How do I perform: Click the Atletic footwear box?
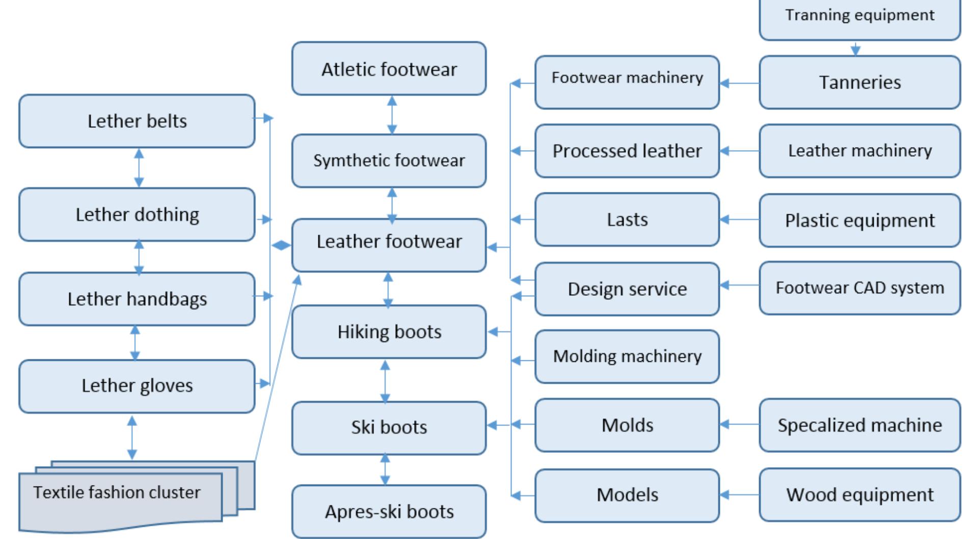pyautogui.click(x=389, y=69)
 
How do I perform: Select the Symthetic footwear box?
pyautogui.click(x=389, y=160)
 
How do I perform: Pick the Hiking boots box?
pyautogui.click(x=389, y=331)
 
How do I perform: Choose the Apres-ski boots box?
pyautogui.click(x=389, y=511)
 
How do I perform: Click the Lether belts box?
pyautogui.click(x=137, y=121)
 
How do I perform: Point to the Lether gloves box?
pyautogui.click(x=137, y=386)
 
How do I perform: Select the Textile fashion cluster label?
pyautogui.click(x=117, y=492)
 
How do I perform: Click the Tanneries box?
pyautogui.click(x=859, y=82)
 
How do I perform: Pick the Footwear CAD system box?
pyautogui.click(x=859, y=288)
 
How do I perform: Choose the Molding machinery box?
pyautogui.click(x=627, y=356)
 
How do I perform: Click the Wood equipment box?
pyautogui.click(x=859, y=494)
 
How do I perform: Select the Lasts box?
pyautogui.click(x=627, y=219)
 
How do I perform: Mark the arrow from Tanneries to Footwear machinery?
pyautogui.click(x=739, y=83)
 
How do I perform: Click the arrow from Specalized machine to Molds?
pyautogui.click(x=739, y=424)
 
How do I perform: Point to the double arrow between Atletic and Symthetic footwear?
pyautogui.click(x=392, y=115)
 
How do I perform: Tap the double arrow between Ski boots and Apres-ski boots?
pyautogui.click(x=385, y=469)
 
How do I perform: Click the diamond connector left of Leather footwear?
pyautogui.click(x=281, y=246)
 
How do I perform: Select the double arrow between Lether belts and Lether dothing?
pyautogui.click(x=139, y=167)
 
